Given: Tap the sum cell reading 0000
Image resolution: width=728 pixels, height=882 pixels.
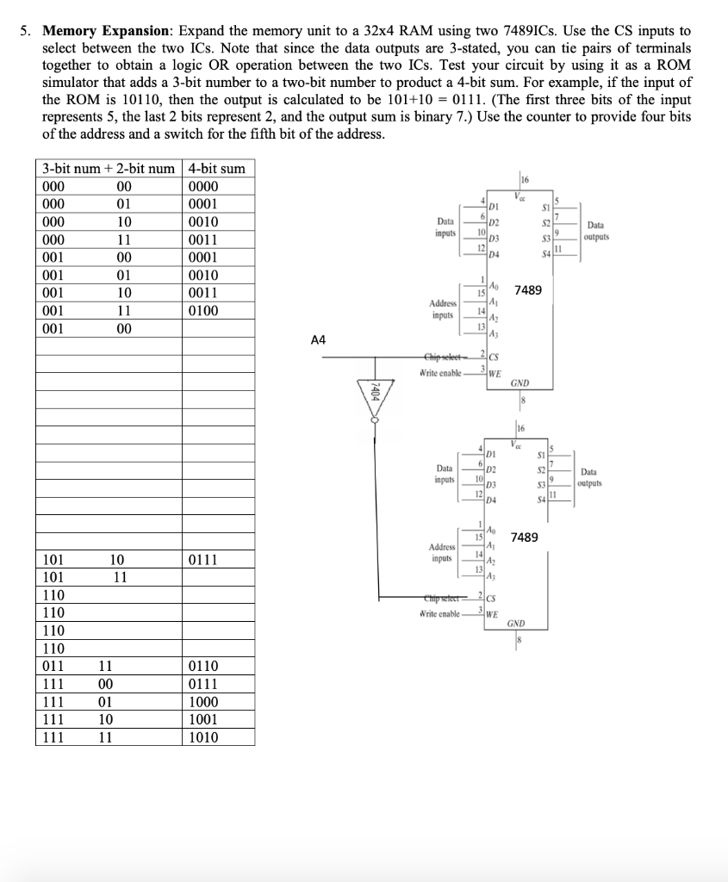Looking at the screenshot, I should [202, 187].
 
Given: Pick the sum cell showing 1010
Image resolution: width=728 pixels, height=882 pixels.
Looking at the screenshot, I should [202, 737].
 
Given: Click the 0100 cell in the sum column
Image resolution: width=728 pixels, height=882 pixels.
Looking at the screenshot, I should [202, 310].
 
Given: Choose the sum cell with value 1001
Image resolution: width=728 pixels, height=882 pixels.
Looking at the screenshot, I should [202, 719].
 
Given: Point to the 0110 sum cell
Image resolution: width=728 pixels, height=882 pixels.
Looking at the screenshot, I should [202, 666].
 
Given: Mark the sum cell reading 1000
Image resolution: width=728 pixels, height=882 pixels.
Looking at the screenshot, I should [202, 702].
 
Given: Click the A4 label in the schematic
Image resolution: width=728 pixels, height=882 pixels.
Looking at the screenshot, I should [318, 340].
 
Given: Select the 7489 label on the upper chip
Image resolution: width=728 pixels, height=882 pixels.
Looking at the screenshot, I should [527, 291].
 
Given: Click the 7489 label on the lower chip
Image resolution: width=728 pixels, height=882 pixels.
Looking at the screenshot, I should [526, 537].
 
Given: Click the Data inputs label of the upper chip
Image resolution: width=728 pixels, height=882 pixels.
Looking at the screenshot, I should [446, 227].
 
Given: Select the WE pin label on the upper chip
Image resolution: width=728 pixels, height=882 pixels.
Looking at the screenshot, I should [494, 373].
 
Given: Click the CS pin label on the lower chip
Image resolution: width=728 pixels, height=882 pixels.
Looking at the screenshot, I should [492, 599].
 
